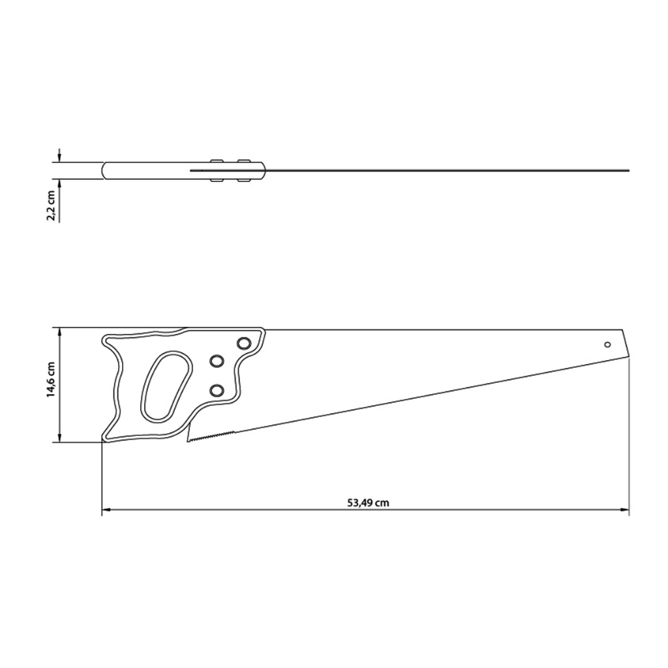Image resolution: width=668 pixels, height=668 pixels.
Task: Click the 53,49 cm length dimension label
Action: [368, 503]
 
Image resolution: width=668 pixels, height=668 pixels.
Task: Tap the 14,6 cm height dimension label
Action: [51, 380]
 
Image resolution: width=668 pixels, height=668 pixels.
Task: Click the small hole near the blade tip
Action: [607, 344]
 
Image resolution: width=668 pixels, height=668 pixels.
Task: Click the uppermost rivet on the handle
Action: [244, 343]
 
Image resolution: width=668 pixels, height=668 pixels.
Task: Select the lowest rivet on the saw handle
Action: [217, 390]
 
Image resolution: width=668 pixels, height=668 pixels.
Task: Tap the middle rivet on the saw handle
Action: [217, 361]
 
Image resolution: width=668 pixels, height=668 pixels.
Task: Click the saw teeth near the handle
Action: [211, 437]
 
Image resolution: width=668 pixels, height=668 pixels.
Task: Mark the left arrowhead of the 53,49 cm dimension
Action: [106, 509]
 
